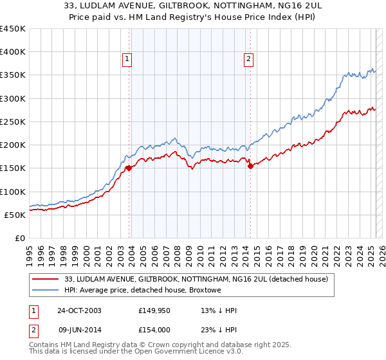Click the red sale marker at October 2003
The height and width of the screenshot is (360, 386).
point(129,168)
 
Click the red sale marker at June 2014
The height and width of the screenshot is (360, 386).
point(250,166)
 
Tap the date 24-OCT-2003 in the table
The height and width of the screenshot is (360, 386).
point(79,310)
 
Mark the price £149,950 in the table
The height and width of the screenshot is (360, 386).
point(153,310)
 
